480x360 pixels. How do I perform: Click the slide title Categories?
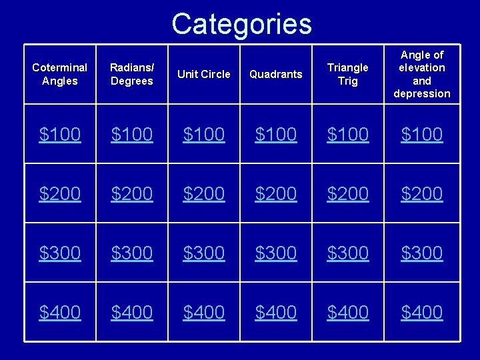241,24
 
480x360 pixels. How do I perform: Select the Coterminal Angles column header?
60,74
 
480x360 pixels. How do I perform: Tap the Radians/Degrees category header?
131,74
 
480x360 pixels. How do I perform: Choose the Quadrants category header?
276,74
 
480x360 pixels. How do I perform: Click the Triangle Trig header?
348,74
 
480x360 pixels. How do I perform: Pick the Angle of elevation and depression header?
421,74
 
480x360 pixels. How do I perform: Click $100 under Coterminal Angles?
60,135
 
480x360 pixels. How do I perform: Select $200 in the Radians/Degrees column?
132,194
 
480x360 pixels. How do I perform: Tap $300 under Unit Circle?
205,253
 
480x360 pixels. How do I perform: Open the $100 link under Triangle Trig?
348,135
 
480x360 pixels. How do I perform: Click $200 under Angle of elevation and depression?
422,194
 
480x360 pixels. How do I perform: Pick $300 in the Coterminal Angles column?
60,253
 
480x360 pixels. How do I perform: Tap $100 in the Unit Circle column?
205,135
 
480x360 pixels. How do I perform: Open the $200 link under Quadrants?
277,194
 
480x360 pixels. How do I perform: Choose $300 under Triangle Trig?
348,253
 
